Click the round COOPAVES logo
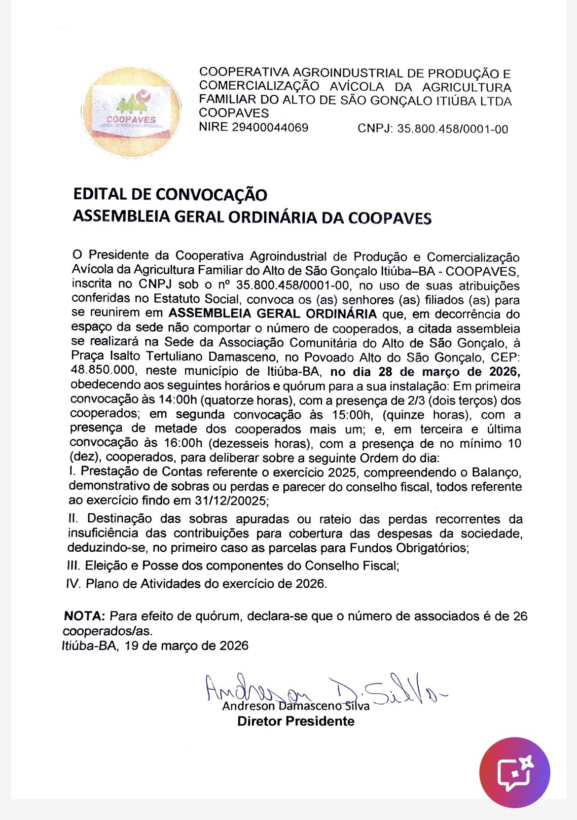point(131,113)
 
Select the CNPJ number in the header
point(452,129)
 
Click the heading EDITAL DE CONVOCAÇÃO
point(170,194)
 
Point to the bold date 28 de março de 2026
point(425,372)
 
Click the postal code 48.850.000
point(100,371)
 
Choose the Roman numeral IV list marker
point(73,584)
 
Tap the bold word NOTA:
point(84,616)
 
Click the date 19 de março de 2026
point(186,645)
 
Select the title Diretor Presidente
point(295,721)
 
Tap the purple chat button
point(514,772)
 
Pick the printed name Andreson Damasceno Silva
point(295,706)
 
